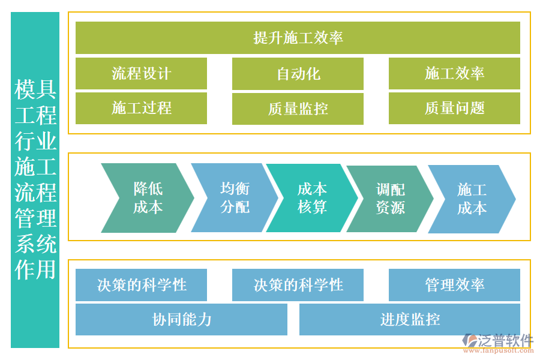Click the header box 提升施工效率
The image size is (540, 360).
(298, 38)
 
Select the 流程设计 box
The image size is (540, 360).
(141, 73)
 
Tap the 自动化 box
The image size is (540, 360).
(298, 73)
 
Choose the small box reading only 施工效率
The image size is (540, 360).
(454, 73)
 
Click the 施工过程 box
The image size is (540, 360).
(141, 108)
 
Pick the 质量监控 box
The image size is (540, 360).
(298, 108)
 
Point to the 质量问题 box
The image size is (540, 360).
(454, 108)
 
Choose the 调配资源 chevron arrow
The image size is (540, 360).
(390, 198)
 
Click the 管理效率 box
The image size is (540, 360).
(454, 284)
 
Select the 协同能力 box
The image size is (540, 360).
(181, 319)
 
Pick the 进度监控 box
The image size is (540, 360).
(409, 319)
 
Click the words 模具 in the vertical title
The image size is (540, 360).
(35, 89)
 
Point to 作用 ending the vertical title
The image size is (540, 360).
(35, 269)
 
